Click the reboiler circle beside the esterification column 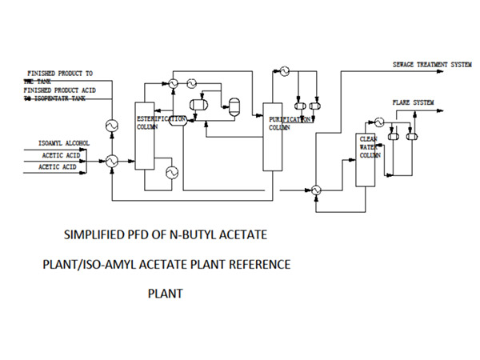[170, 171]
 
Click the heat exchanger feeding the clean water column [317, 189]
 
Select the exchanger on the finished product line [111, 126]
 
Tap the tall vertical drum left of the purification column [234, 105]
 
